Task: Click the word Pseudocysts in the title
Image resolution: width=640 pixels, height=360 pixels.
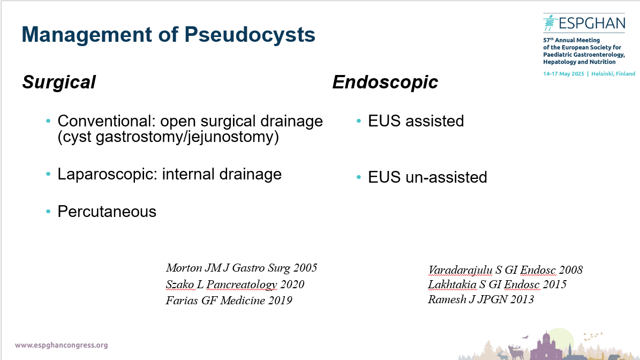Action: [x=250, y=35]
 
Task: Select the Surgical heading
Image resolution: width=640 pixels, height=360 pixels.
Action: [x=59, y=82]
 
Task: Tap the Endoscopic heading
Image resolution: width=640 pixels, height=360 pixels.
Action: [x=385, y=82]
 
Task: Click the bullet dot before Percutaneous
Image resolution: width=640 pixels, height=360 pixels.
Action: [x=48, y=212]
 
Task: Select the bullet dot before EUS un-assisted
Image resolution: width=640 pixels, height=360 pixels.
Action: [x=359, y=177]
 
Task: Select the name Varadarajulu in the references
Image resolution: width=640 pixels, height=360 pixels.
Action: [x=460, y=270]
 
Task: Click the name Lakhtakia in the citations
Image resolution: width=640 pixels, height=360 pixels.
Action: [x=452, y=284]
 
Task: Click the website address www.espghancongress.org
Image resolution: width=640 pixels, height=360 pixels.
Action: [x=62, y=346]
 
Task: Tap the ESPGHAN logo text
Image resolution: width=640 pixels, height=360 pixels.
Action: [x=591, y=23]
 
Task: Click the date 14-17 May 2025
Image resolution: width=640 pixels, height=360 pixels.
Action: [x=563, y=74]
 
